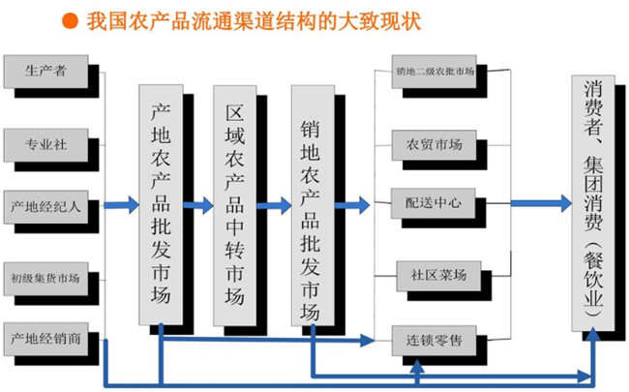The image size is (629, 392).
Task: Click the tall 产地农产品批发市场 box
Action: click(x=161, y=203)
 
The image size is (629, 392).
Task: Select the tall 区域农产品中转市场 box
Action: click(x=236, y=203)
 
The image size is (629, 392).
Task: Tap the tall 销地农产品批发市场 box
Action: click(x=312, y=203)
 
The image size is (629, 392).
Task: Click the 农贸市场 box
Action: click(x=428, y=145)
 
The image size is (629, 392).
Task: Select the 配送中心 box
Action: click(x=428, y=204)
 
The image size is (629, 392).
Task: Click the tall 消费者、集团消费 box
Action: click(x=594, y=203)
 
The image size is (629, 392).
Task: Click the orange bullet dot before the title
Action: click(x=71, y=19)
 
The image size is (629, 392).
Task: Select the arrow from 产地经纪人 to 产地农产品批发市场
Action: click(x=121, y=205)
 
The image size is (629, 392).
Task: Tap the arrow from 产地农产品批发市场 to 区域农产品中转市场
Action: click(x=198, y=205)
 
